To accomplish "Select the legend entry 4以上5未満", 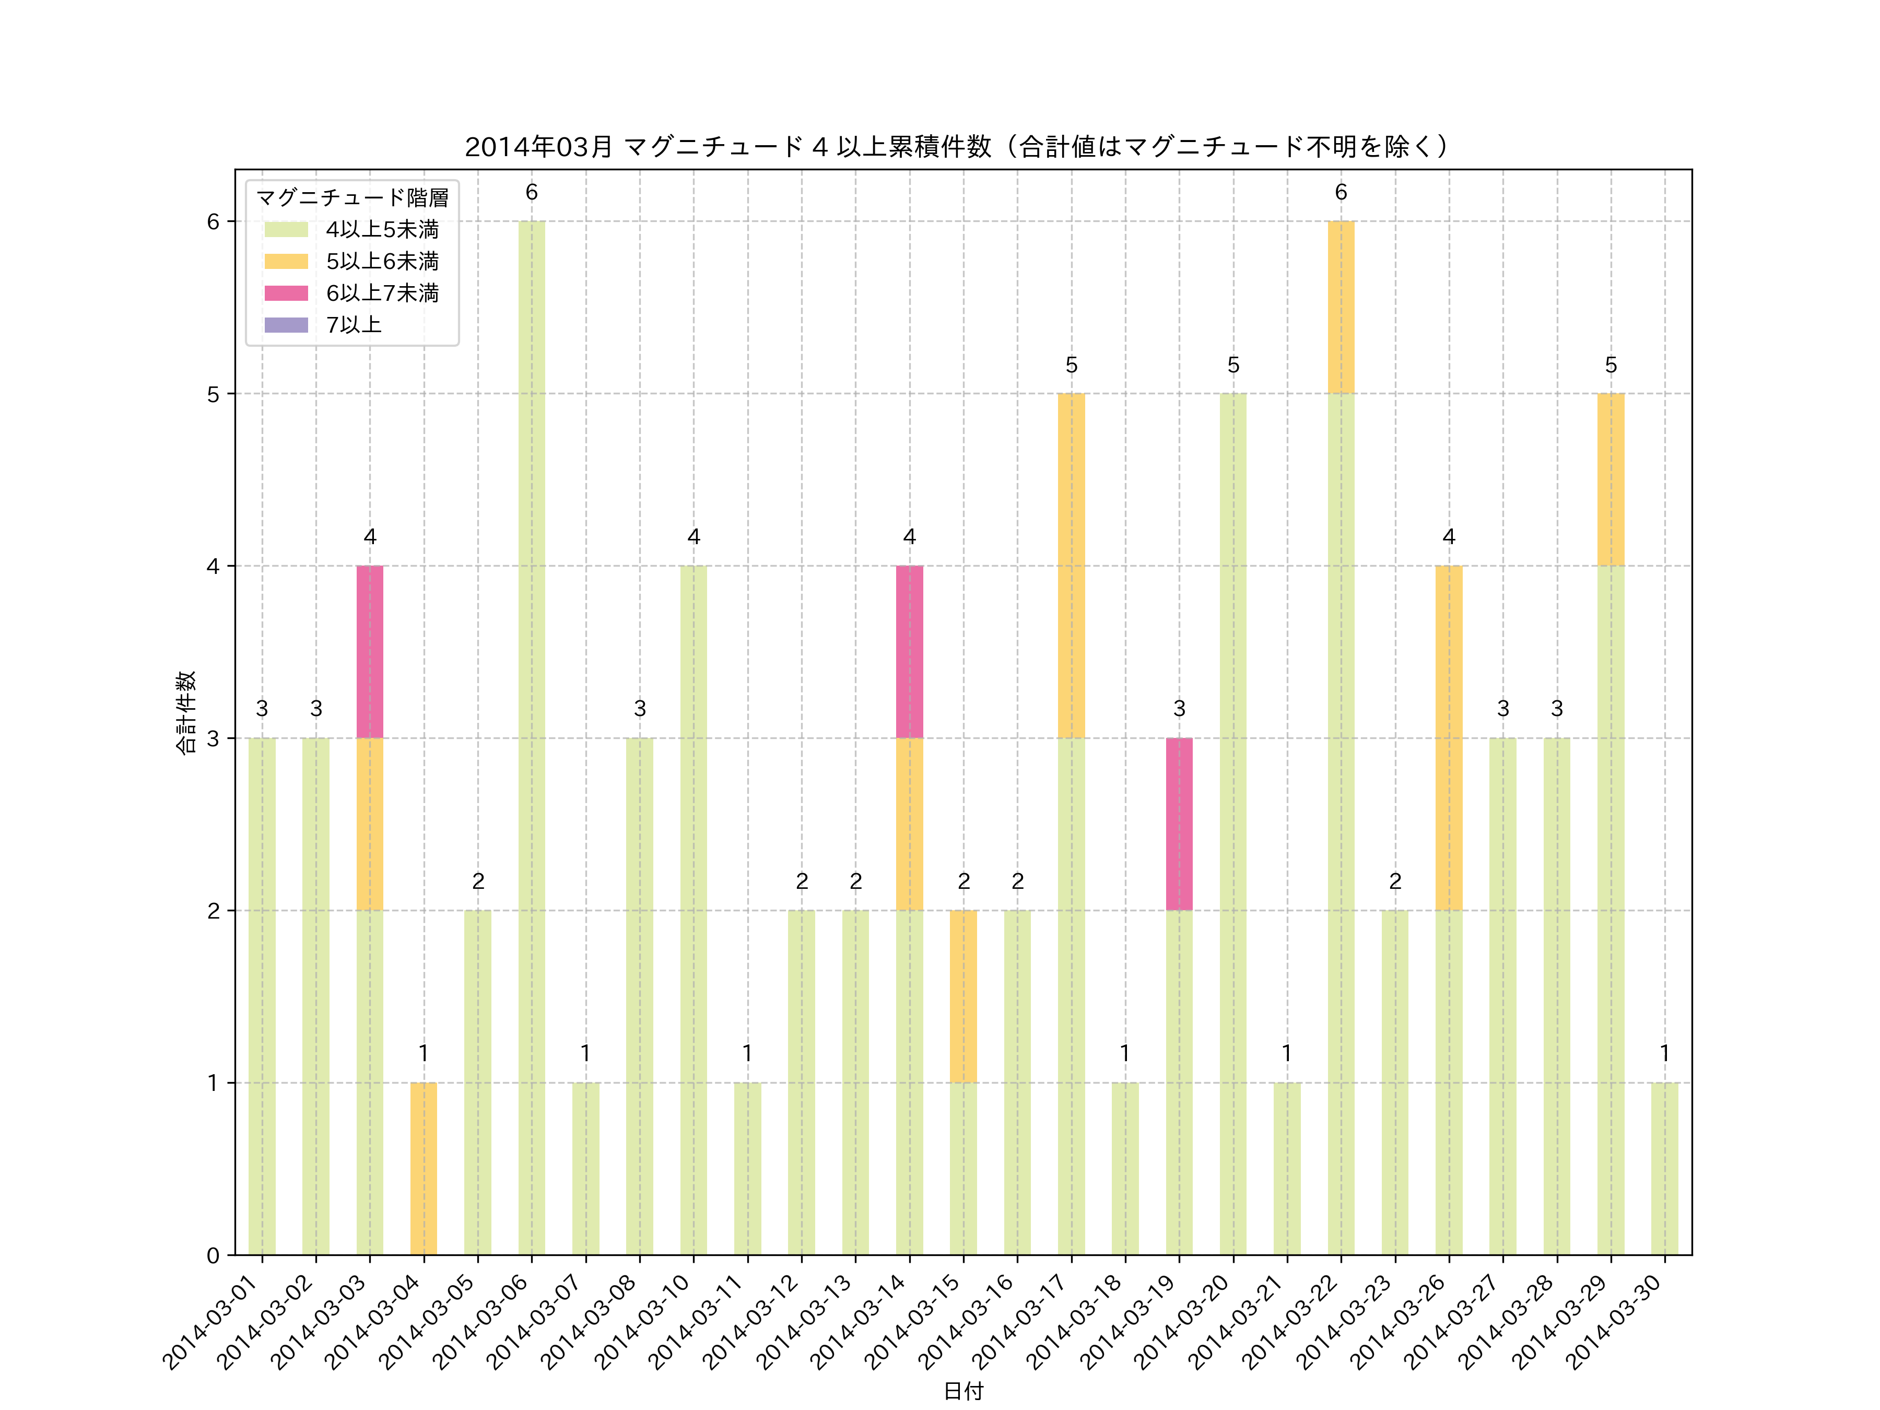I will (382, 229).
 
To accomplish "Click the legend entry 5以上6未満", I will (382, 261).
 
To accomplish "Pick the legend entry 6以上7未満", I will (382, 293).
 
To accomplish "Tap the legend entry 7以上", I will (354, 325).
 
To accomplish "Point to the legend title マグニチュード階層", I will (352, 198).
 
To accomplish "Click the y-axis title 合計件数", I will (185, 712).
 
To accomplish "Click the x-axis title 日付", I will (963, 1391).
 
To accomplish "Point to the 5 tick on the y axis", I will (213, 394).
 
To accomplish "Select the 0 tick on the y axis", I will (213, 1255).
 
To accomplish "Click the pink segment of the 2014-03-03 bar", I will (370, 652).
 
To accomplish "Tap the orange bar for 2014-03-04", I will (423, 1169).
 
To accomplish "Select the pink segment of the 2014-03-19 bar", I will (1179, 825).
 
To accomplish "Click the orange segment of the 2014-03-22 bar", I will (1341, 308).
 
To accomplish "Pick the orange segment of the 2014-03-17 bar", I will (1071, 566).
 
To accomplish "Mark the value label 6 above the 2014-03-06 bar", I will (531, 193).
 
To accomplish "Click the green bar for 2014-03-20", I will (1232, 825).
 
